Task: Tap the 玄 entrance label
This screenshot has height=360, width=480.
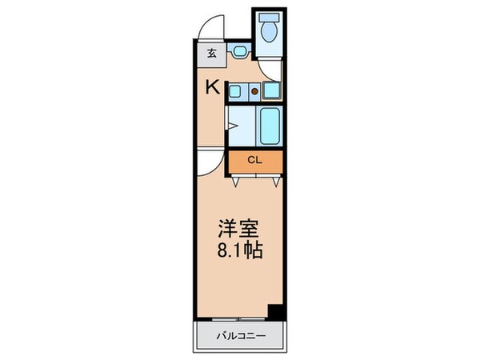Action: pos(212,54)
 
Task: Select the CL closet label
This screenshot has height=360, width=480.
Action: pos(254,160)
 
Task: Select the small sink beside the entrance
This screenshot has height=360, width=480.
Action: pos(239,54)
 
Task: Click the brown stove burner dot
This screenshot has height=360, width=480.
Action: pos(255,91)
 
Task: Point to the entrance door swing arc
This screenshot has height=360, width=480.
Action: pos(210,29)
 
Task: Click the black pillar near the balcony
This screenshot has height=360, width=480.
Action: pos(275,312)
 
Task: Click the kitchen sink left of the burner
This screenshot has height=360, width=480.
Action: pos(238,92)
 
